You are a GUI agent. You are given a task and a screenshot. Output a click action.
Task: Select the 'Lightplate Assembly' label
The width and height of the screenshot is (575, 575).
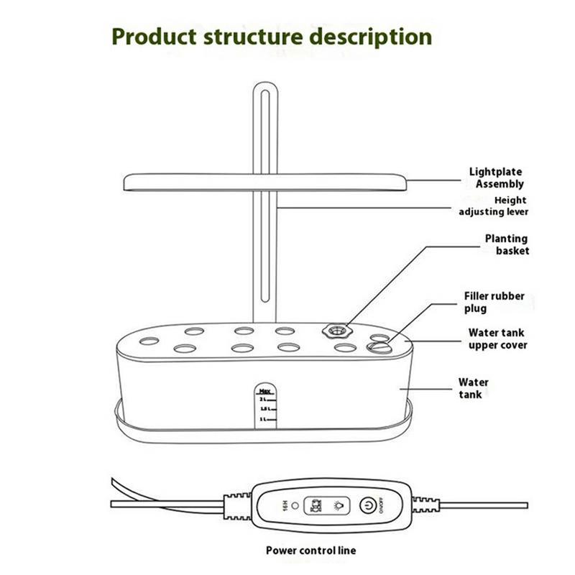[x=497, y=178]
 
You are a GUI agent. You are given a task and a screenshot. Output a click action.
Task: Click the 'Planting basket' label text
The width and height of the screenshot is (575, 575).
[x=506, y=244]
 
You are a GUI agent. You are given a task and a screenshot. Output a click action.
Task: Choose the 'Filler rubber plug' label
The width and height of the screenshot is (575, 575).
[x=503, y=302]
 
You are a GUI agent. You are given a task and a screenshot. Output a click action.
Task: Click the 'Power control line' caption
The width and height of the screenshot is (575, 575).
[x=310, y=551]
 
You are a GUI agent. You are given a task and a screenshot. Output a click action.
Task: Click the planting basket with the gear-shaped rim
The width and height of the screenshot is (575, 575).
[x=333, y=331]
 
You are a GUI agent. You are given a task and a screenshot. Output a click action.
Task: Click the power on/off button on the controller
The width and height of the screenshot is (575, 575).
[x=368, y=505]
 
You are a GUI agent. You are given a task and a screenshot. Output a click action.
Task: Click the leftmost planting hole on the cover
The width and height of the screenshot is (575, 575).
[x=149, y=341]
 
